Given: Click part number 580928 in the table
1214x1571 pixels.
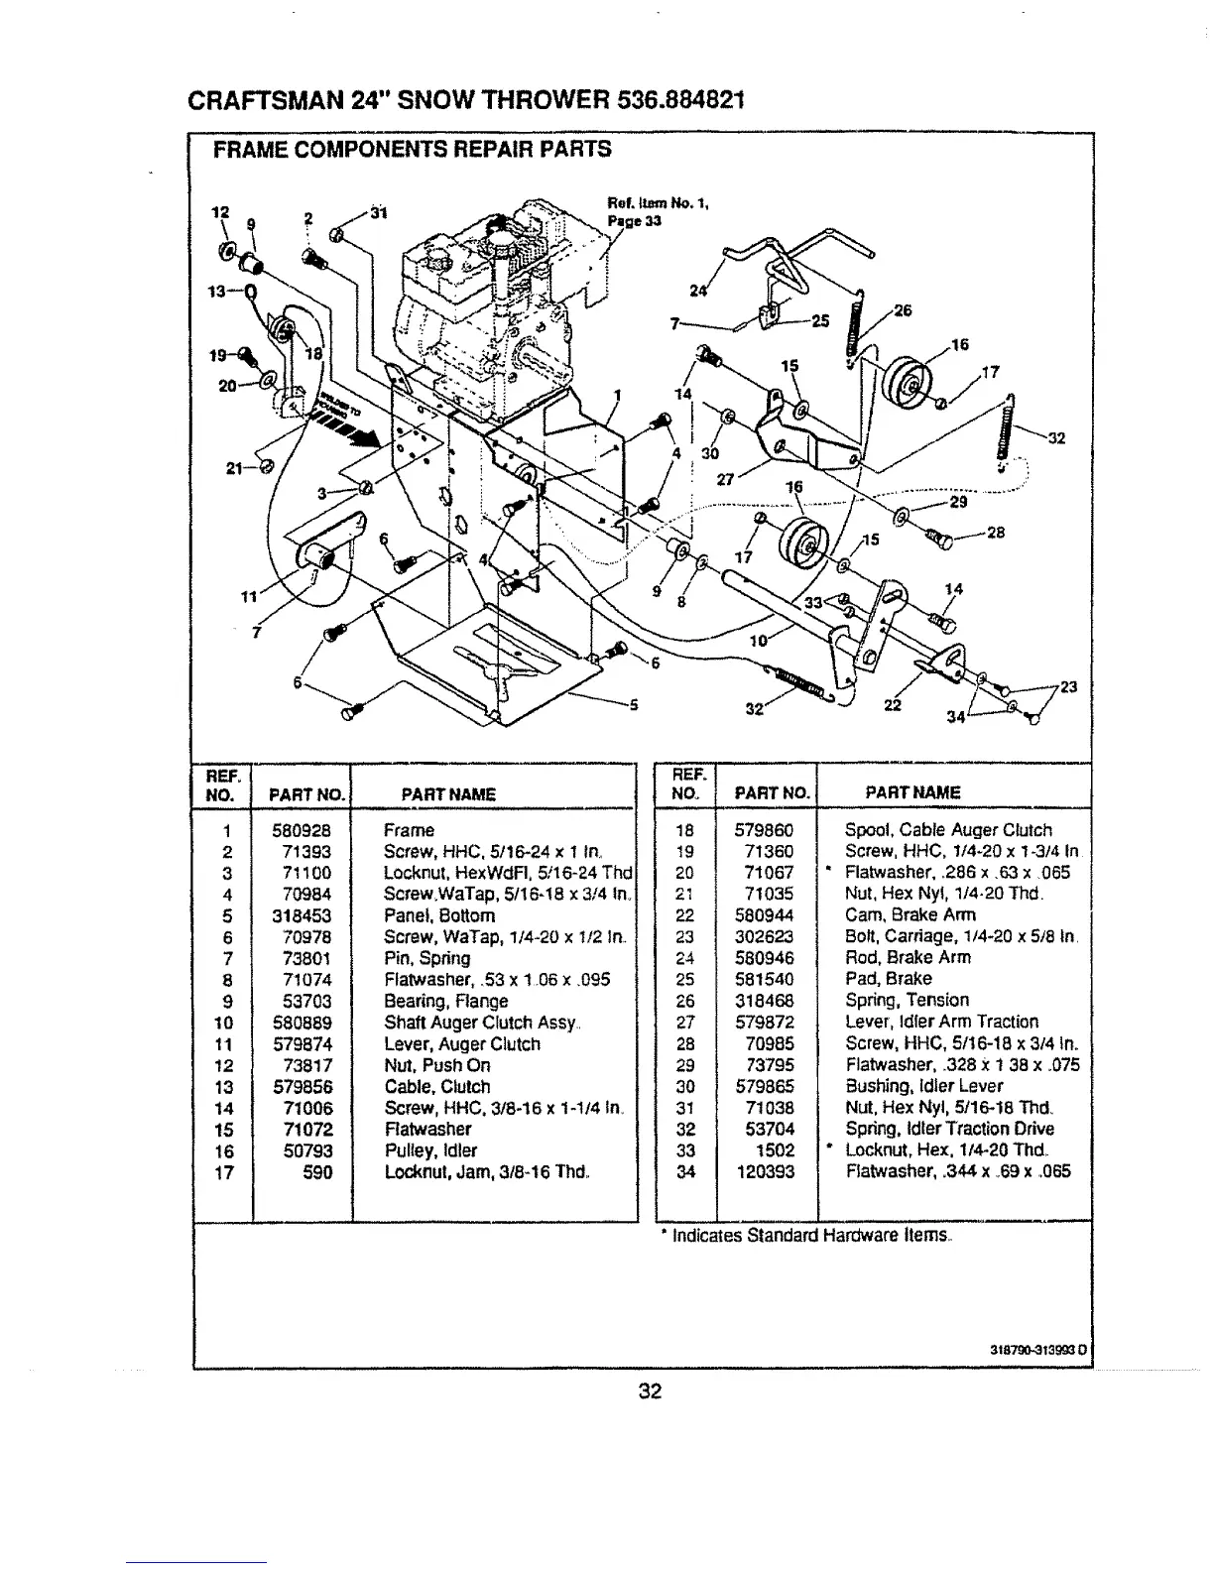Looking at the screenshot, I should [x=303, y=830].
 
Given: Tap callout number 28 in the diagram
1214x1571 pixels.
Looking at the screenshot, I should [x=996, y=532].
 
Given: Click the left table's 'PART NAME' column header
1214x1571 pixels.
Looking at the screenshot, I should [x=447, y=793].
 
